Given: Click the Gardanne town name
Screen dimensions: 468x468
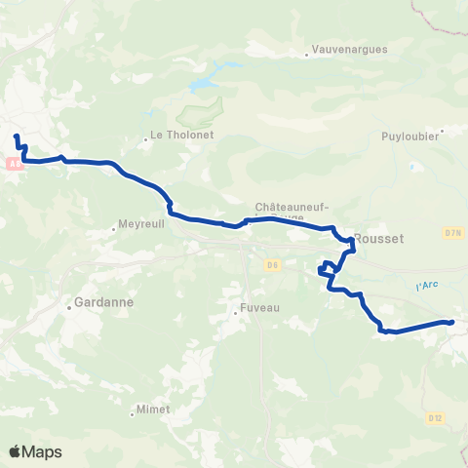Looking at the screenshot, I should pos(102,303).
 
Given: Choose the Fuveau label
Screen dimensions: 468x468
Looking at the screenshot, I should pos(259,309).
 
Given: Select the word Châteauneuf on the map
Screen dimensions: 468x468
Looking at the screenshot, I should pos(292,207).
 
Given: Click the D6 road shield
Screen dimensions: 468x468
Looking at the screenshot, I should pos(272,263).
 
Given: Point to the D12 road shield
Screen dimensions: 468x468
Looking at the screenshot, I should pos(435,417).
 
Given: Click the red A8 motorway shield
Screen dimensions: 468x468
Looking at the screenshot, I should pos(14,165).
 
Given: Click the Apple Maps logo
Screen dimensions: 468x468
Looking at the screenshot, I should pos(35,451).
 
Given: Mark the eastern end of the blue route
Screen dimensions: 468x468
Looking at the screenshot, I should pos(452,322).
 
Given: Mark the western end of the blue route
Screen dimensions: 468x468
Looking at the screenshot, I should pos(17,137).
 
